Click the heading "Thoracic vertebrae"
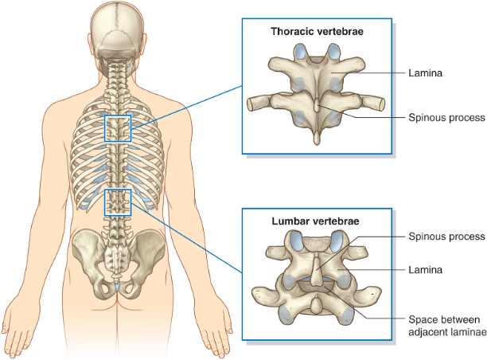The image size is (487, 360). pyautogui.click(x=317, y=33)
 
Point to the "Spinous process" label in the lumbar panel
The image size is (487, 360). pyautogui.click(x=446, y=237)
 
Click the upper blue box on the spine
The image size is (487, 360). pyautogui.click(x=118, y=128)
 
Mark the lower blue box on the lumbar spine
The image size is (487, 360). pyautogui.click(x=118, y=202)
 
